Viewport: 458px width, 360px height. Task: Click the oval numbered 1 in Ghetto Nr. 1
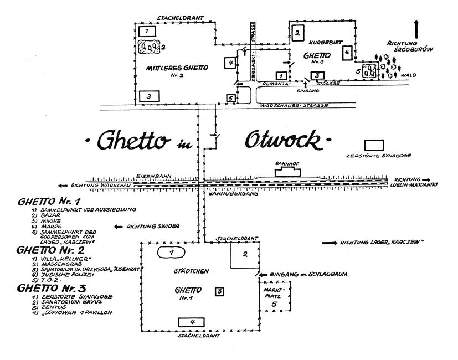[171, 253]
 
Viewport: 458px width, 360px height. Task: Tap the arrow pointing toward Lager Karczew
[333, 243]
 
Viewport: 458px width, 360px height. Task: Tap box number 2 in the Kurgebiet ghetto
[297, 33]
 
